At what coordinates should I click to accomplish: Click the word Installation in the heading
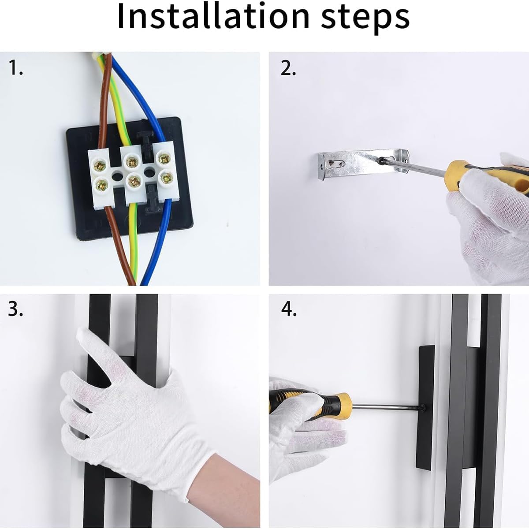coord(213,16)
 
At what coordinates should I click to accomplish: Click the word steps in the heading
coord(365,19)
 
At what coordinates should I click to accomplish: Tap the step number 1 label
coord(15,68)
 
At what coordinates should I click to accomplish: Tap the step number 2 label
coord(288,68)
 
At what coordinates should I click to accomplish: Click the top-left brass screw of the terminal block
coord(99,165)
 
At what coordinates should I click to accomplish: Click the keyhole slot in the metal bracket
coord(335,164)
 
